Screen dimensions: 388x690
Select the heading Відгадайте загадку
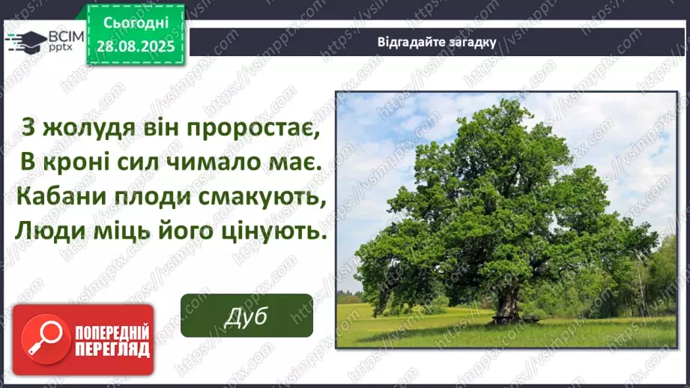click(x=435, y=41)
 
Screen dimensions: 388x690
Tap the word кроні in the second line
click(x=71, y=163)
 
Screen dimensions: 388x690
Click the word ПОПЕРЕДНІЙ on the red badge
click(x=111, y=331)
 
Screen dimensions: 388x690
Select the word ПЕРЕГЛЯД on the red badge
click(x=111, y=348)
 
